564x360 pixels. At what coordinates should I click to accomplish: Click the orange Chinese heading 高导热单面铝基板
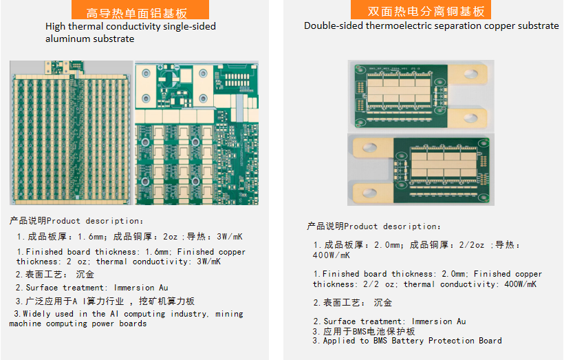pyautogui.click(x=137, y=13)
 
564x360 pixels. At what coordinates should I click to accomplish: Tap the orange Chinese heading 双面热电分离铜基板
pyautogui.click(x=426, y=12)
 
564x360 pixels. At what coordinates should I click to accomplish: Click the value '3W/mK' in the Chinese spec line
pyautogui.click(x=230, y=237)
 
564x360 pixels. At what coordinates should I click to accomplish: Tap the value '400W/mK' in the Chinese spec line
pyautogui.click(x=332, y=255)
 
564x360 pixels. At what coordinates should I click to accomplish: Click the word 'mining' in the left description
pyautogui.click(x=229, y=314)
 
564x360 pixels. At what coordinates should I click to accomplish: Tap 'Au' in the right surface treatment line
pyautogui.click(x=462, y=321)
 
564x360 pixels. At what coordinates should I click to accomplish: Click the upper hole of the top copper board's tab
pyautogui.click(x=470, y=74)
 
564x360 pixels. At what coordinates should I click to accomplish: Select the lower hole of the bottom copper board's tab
pyautogui.click(x=370, y=193)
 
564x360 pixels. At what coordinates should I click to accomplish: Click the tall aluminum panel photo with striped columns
pyautogui.click(x=72, y=133)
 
